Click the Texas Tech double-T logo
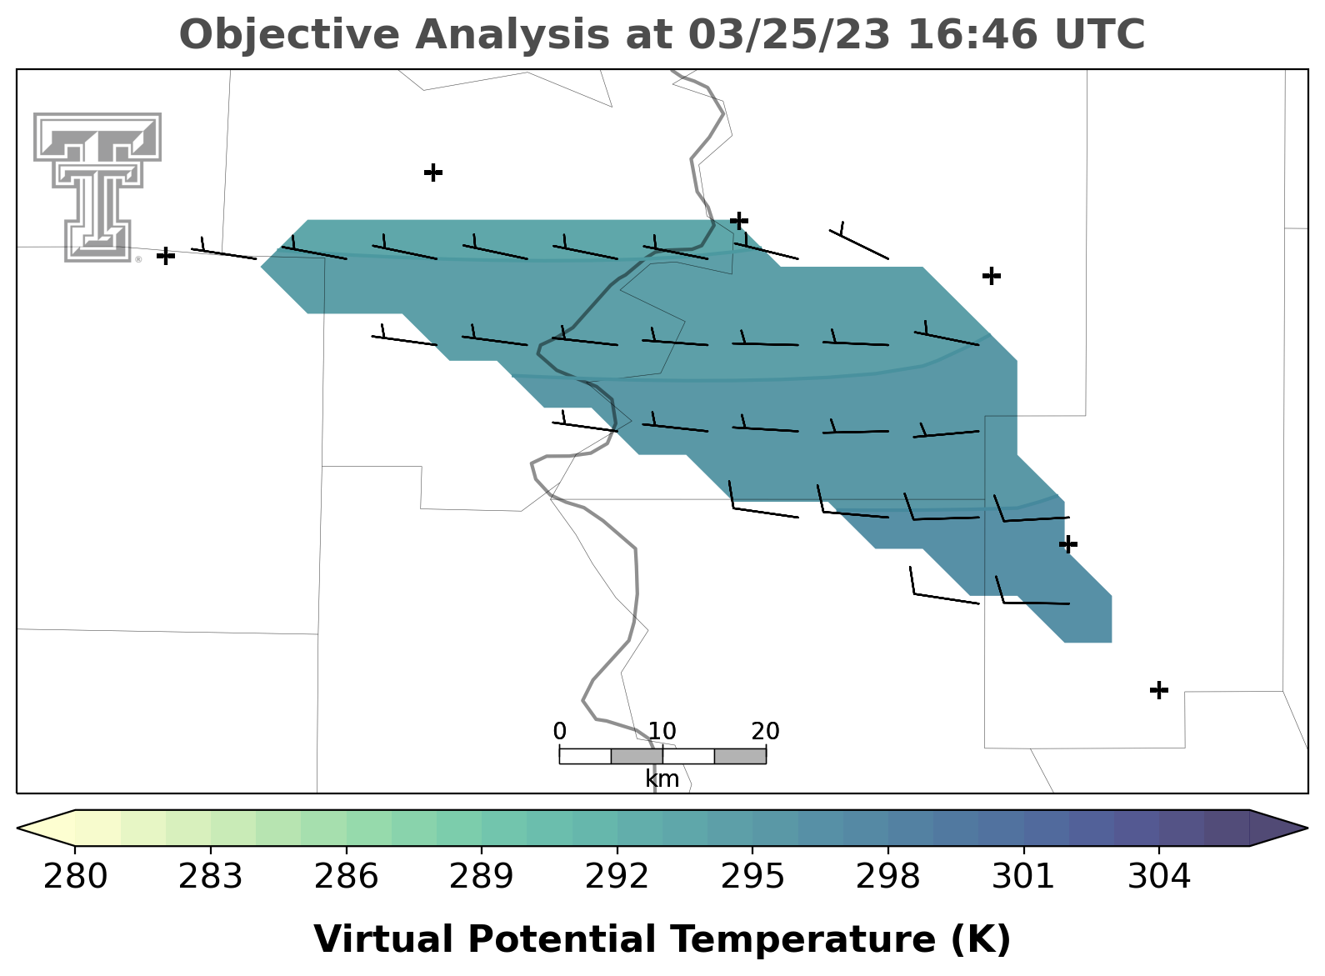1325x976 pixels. click(x=97, y=187)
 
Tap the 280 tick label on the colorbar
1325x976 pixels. click(x=75, y=876)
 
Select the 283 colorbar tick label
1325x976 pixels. click(x=211, y=876)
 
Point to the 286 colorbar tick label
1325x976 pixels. click(x=346, y=876)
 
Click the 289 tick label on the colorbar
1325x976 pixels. click(x=482, y=876)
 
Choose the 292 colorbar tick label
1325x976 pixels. click(x=617, y=876)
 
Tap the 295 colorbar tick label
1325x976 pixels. click(x=752, y=876)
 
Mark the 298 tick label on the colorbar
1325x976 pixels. click(x=887, y=876)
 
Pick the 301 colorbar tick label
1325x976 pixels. click(x=1023, y=876)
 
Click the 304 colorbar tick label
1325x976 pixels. click(x=1159, y=876)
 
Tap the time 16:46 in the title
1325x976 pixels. click(x=972, y=34)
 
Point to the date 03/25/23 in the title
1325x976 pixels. click(x=790, y=34)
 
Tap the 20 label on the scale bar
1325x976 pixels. click(x=766, y=732)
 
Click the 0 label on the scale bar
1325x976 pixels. click(x=559, y=732)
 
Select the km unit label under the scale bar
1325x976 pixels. click(x=662, y=779)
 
